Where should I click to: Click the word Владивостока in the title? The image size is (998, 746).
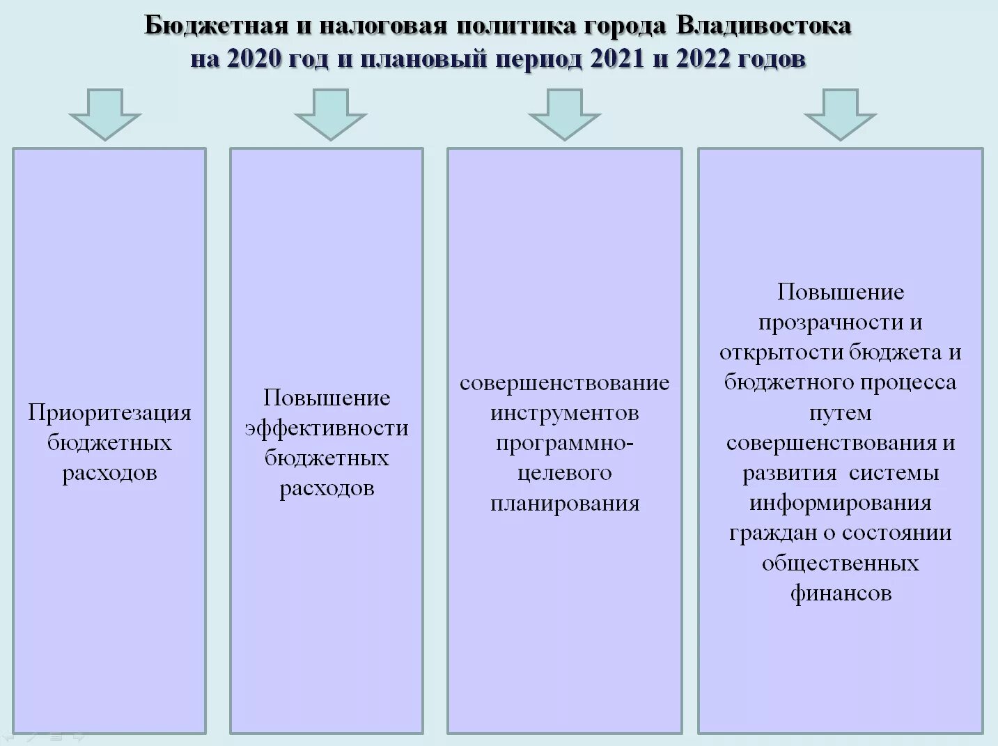click(763, 26)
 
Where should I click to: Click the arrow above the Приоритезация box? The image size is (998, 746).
click(105, 114)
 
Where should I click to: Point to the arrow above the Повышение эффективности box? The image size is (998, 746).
click(330, 114)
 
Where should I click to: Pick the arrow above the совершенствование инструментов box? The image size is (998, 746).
click(564, 114)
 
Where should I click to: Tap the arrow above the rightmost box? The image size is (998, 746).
click(840, 114)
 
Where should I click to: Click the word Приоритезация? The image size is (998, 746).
click(109, 413)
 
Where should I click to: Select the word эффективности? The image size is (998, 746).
click(326, 428)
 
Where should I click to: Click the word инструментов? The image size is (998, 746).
click(564, 413)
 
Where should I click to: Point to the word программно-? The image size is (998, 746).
click(564, 443)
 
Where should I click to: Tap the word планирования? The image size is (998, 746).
click(564, 503)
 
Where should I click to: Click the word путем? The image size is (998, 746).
click(840, 413)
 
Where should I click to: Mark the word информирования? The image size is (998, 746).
click(840, 503)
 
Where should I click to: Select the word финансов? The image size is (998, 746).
click(840, 593)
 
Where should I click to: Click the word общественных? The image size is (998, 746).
click(840, 563)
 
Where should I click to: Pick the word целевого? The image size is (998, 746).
click(564, 473)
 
